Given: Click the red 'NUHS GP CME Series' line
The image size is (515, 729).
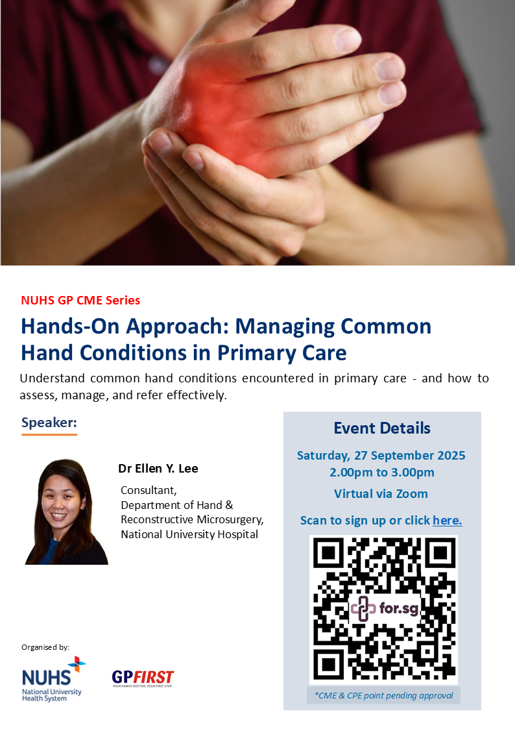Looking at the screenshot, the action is click(x=80, y=301).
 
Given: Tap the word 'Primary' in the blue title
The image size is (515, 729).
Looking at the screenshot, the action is click(x=257, y=353).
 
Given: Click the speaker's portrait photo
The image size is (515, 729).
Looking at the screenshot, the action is click(x=66, y=512).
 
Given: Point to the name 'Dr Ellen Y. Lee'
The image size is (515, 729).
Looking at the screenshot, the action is click(x=158, y=468).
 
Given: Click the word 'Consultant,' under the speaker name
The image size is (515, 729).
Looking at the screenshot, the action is click(x=149, y=491).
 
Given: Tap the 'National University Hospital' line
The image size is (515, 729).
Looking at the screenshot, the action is click(x=189, y=534).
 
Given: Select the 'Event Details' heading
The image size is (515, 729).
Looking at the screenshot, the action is click(x=382, y=428).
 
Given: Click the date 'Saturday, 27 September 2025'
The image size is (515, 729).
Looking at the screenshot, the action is click(x=381, y=455).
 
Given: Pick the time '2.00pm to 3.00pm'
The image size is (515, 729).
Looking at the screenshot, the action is click(x=382, y=473).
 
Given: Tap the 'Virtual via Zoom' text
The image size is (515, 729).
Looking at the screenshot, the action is click(x=381, y=494).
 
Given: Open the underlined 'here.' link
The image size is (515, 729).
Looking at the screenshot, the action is click(x=447, y=520).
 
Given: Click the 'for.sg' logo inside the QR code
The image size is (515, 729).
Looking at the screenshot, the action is click(x=385, y=608).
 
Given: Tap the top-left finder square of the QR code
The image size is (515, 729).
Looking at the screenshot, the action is click(x=329, y=552).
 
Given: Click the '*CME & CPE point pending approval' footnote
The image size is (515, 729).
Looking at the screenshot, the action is click(x=383, y=695).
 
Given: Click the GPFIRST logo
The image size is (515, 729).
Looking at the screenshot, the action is click(x=143, y=678).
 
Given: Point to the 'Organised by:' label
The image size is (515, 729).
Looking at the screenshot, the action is click(x=45, y=647).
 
